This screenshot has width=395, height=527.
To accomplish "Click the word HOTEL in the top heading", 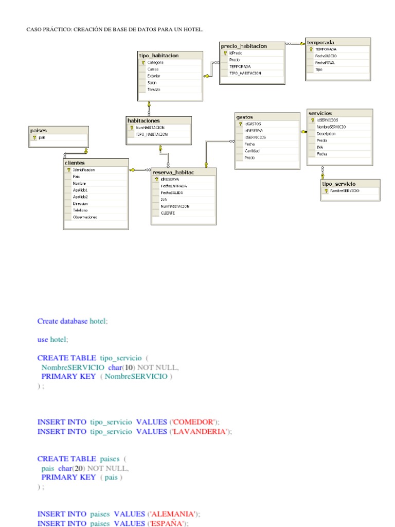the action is coord(193,29).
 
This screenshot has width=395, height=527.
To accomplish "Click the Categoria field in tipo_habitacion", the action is coord(156,63).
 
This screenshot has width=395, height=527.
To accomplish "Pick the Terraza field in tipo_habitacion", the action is coord(154,90).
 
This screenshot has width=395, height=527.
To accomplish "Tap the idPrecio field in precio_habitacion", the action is coord(236,53).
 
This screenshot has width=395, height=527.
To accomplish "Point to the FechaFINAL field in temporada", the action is coord(325,63).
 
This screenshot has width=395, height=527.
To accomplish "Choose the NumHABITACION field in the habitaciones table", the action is coord(150,128).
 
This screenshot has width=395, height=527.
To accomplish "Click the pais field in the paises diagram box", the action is coord(42,137).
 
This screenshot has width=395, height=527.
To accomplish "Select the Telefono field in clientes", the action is coord(80,210).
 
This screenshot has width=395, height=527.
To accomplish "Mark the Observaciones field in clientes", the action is coord(85,217).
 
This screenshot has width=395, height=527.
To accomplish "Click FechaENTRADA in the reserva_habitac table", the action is coord(174,186).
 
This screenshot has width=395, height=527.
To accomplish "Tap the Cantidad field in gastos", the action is coord(252,151).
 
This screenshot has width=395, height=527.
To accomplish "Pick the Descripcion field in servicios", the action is coord(326,133).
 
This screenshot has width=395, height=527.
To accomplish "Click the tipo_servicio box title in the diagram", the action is coord(338,184).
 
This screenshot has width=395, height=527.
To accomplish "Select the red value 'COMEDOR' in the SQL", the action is coord(193,422).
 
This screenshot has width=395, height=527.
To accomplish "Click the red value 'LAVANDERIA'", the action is coord(200,431).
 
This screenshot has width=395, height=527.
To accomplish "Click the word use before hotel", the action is coord(43,340).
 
